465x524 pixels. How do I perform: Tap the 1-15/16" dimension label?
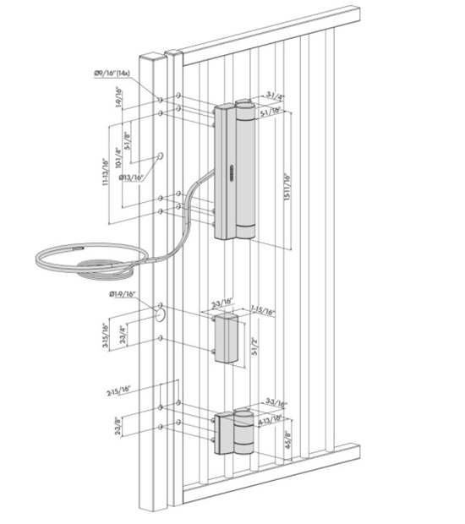(x=262, y=312)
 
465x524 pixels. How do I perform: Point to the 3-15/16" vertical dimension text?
(x=104, y=338)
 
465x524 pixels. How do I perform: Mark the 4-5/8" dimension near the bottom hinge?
(x=288, y=441)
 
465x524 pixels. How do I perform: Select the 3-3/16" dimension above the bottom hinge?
(x=275, y=404)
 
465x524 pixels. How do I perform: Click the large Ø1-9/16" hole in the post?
(x=159, y=314)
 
